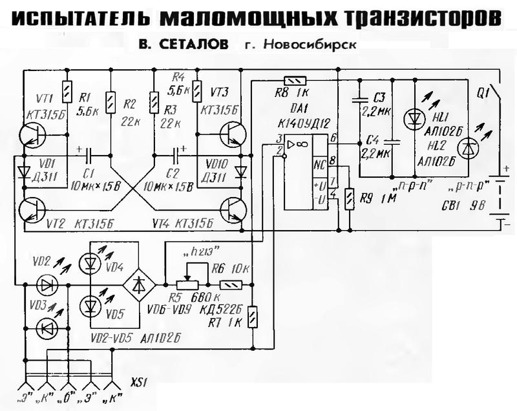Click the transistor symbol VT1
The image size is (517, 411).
click(30, 135)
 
